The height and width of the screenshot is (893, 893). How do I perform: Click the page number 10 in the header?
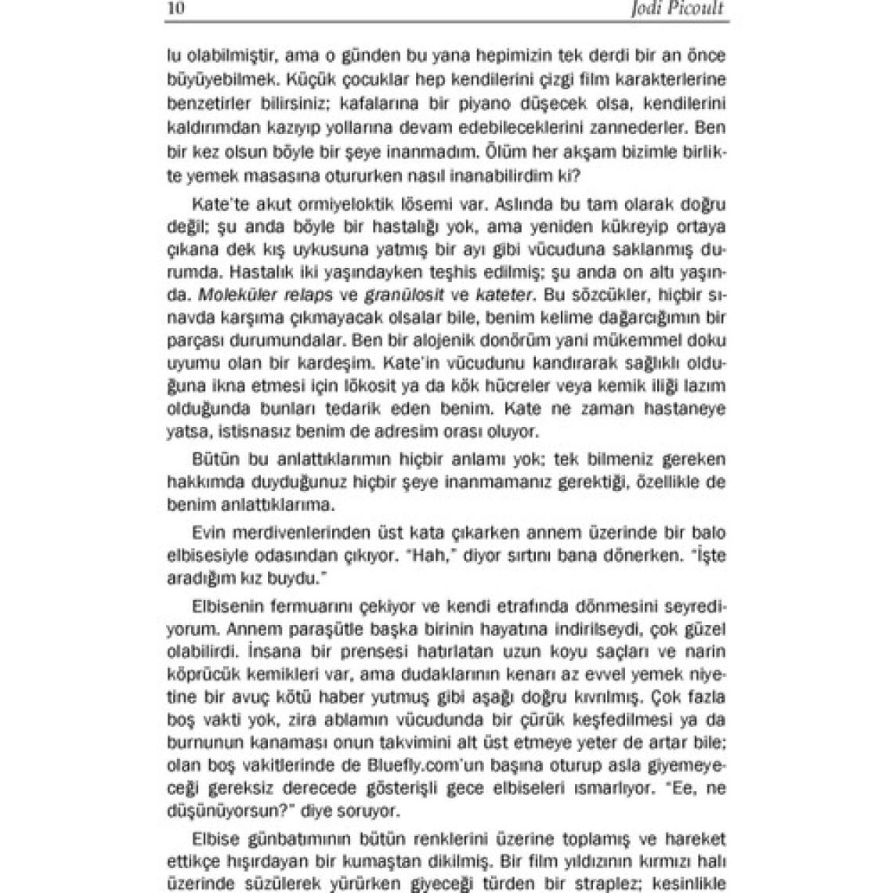point(176,9)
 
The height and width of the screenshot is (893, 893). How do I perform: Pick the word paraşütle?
point(302,629)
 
